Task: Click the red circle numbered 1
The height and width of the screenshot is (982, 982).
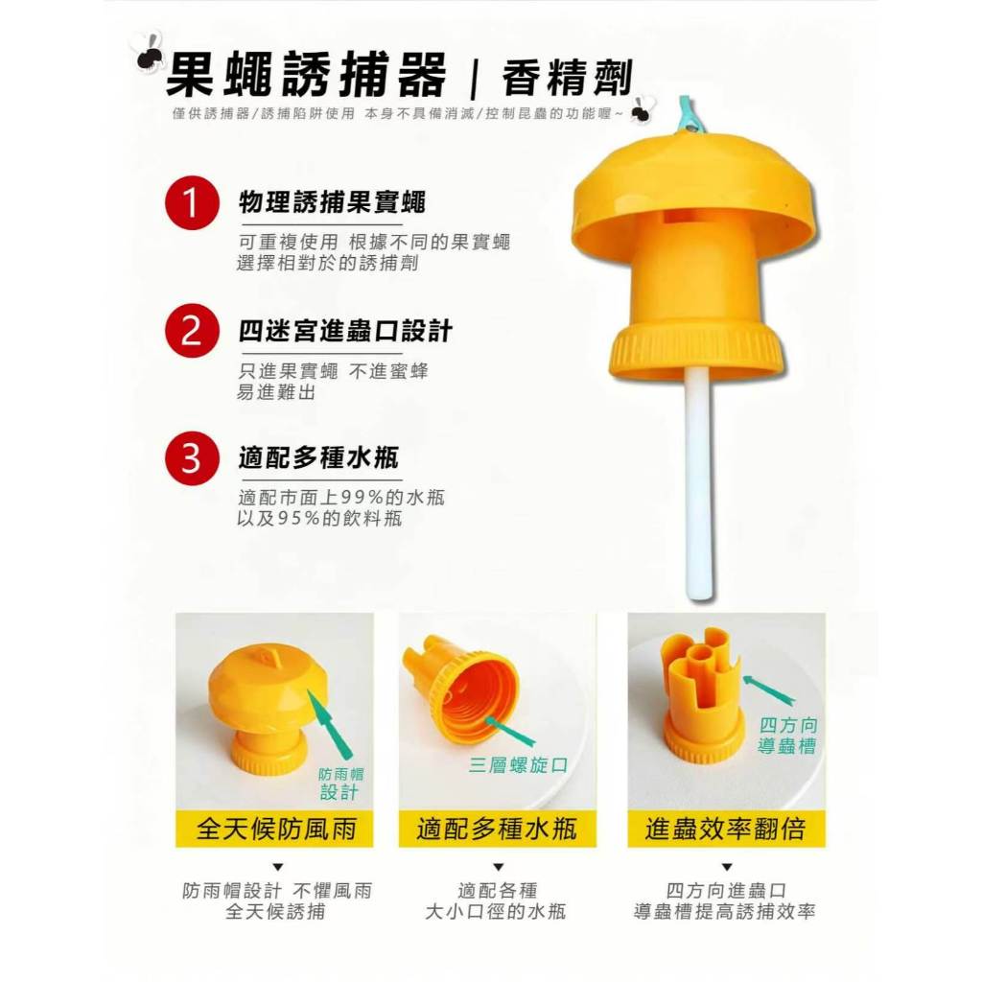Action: click(x=192, y=203)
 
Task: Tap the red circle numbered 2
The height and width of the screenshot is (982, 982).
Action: click(x=192, y=331)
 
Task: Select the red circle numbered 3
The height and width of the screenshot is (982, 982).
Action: click(x=192, y=457)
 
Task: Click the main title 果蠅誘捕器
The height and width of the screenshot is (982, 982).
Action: click(x=307, y=75)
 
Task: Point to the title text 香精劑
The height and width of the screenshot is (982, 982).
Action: click(x=568, y=79)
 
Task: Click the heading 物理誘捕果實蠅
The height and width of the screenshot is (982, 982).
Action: click(x=332, y=202)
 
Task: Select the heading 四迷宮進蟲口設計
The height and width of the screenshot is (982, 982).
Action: click(x=345, y=331)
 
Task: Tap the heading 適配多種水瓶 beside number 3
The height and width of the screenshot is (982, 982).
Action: click(x=318, y=457)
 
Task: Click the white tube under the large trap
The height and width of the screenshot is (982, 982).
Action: click(x=698, y=483)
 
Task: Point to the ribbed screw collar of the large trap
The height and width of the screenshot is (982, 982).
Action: click(x=696, y=353)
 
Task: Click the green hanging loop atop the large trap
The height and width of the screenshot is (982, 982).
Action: click(x=687, y=116)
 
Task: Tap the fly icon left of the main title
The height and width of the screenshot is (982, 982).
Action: click(x=149, y=53)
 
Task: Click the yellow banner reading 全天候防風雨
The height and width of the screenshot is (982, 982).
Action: click(x=274, y=829)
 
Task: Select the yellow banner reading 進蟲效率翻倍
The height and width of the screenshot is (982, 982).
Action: click(x=727, y=829)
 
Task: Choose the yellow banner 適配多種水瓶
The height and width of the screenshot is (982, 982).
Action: click(x=498, y=829)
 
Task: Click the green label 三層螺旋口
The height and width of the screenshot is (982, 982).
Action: click(x=519, y=764)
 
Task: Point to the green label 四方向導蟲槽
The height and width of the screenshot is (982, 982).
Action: click(x=788, y=736)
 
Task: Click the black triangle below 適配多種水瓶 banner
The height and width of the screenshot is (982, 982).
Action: click(x=499, y=867)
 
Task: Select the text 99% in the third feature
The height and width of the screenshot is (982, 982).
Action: click(x=362, y=498)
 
